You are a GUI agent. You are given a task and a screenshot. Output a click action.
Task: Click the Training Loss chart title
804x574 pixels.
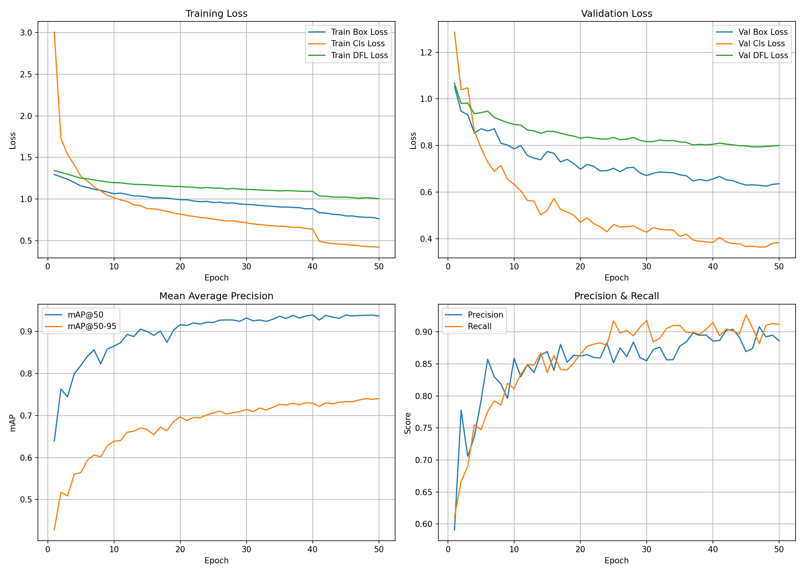click(x=216, y=14)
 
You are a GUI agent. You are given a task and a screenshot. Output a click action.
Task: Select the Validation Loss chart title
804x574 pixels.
click(x=616, y=14)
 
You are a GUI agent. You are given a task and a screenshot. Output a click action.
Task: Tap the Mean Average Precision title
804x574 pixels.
click(x=216, y=296)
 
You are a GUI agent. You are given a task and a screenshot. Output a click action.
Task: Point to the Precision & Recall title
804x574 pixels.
click(x=616, y=296)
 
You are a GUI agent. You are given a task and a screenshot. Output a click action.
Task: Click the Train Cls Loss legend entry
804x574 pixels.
click(x=358, y=44)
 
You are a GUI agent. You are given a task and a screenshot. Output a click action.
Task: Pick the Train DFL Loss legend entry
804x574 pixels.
click(x=359, y=55)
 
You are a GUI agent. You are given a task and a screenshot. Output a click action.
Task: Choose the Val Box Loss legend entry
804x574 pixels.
click(x=763, y=32)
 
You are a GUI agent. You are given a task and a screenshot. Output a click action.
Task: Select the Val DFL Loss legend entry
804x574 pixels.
click(x=763, y=55)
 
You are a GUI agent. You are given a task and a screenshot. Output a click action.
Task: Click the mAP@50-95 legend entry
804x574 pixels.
click(x=92, y=326)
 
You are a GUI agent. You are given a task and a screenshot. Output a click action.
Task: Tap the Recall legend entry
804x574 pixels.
click(x=479, y=326)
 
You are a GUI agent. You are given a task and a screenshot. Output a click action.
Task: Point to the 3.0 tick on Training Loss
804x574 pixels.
click(x=26, y=33)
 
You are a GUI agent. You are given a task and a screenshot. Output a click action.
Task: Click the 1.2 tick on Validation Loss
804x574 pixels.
click(x=427, y=52)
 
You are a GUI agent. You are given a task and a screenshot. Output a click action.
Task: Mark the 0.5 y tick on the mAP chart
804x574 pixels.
click(x=26, y=500)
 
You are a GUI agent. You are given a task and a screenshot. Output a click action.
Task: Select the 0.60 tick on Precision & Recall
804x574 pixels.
click(x=424, y=524)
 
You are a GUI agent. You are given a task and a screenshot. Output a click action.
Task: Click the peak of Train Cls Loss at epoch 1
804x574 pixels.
click(x=54, y=33)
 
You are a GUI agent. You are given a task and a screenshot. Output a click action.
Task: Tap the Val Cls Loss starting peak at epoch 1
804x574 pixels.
click(x=454, y=32)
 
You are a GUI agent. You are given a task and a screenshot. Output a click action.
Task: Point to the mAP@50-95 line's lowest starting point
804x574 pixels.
click(x=54, y=530)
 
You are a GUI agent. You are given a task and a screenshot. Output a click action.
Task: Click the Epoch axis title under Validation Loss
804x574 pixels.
click(x=616, y=278)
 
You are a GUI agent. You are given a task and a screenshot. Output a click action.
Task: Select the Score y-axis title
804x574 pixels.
click(x=408, y=423)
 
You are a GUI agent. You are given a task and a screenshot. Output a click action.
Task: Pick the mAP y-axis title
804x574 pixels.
click(x=13, y=423)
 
